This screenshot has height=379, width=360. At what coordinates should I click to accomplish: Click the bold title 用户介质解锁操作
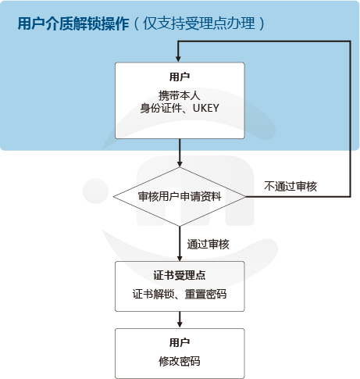pos(73,23)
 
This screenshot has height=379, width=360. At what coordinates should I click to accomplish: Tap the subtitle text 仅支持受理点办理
pos(199,23)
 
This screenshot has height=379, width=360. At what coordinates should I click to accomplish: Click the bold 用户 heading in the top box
pos(180,77)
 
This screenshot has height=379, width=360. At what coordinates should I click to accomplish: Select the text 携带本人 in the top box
pos(180,95)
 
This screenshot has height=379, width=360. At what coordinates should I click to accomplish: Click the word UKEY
pos(206,108)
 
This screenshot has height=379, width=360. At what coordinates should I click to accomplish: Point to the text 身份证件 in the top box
pos(161,108)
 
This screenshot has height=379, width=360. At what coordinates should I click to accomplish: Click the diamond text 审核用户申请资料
pos(180,196)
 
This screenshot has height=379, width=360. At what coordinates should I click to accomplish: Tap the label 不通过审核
pos(290,187)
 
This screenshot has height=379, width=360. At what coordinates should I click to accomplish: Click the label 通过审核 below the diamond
pos(208,245)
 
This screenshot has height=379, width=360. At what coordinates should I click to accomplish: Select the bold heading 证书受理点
pos(180,275)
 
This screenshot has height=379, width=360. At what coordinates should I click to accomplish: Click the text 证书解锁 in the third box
pos(153,294)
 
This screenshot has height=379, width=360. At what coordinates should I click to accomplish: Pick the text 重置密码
pos(205,294)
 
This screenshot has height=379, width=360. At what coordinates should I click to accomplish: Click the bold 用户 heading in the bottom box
pos(180,342)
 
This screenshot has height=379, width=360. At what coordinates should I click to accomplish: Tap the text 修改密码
pos(180,361)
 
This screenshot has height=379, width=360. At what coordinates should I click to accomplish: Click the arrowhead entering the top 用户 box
pos(178,59)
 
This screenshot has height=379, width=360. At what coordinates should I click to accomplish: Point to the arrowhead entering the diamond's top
pos(180,163)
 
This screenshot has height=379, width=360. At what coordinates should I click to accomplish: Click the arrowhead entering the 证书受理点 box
pos(180,258)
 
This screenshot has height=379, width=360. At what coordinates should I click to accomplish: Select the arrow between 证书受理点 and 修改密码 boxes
pos(180,320)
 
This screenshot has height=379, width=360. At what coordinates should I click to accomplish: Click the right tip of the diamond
pos(245,197)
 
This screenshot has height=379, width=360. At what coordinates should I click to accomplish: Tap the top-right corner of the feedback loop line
pos(350,41)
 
